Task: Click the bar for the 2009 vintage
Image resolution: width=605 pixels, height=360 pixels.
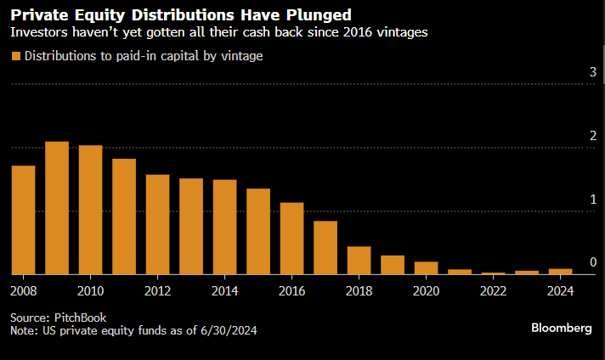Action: pyautogui.click(x=57, y=208)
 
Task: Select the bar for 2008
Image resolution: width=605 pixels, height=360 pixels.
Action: pyautogui.click(x=23, y=220)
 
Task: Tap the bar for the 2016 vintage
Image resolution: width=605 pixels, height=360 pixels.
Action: pyautogui.click(x=291, y=239)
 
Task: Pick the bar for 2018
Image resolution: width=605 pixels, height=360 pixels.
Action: pyautogui.click(x=359, y=261)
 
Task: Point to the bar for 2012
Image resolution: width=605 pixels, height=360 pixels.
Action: pyautogui.click(x=157, y=225)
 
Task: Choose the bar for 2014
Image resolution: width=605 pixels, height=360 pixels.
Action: pyautogui.click(x=224, y=228)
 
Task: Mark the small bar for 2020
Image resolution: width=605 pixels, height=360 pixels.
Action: pyautogui.click(x=427, y=268)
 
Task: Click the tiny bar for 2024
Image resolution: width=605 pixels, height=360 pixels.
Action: pyautogui.click(x=560, y=272)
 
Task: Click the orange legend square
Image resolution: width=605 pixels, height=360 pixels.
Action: pyautogui.click(x=16, y=57)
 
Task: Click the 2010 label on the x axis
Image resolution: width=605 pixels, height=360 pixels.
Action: pyautogui.click(x=90, y=291)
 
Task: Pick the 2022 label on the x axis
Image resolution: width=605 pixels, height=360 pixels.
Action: pyautogui.click(x=492, y=291)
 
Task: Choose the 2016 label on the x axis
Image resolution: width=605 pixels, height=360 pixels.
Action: pyautogui.click(x=291, y=291)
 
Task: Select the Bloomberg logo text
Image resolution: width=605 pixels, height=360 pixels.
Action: pyautogui.click(x=561, y=328)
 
